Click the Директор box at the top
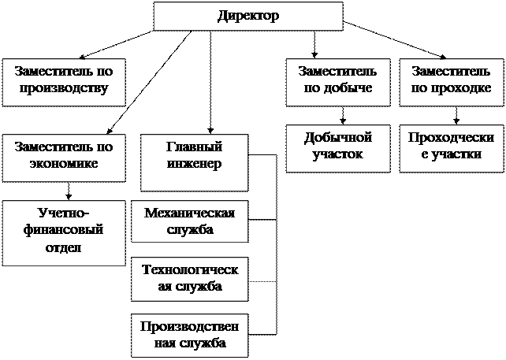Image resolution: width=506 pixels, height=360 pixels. click(x=248, y=16)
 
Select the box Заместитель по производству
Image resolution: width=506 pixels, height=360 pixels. click(x=64, y=80)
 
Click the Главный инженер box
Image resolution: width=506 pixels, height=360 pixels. click(x=194, y=162)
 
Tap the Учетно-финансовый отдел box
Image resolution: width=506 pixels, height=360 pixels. click(x=64, y=232)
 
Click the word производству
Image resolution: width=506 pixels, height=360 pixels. click(x=64, y=87)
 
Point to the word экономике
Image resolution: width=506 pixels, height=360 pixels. click(x=64, y=164)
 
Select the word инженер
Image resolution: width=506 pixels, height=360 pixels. click(x=194, y=165)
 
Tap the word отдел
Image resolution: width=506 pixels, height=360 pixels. click(x=64, y=248)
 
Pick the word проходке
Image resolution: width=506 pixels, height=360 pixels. click(x=462, y=87)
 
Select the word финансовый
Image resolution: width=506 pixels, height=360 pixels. click(x=64, y=232)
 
